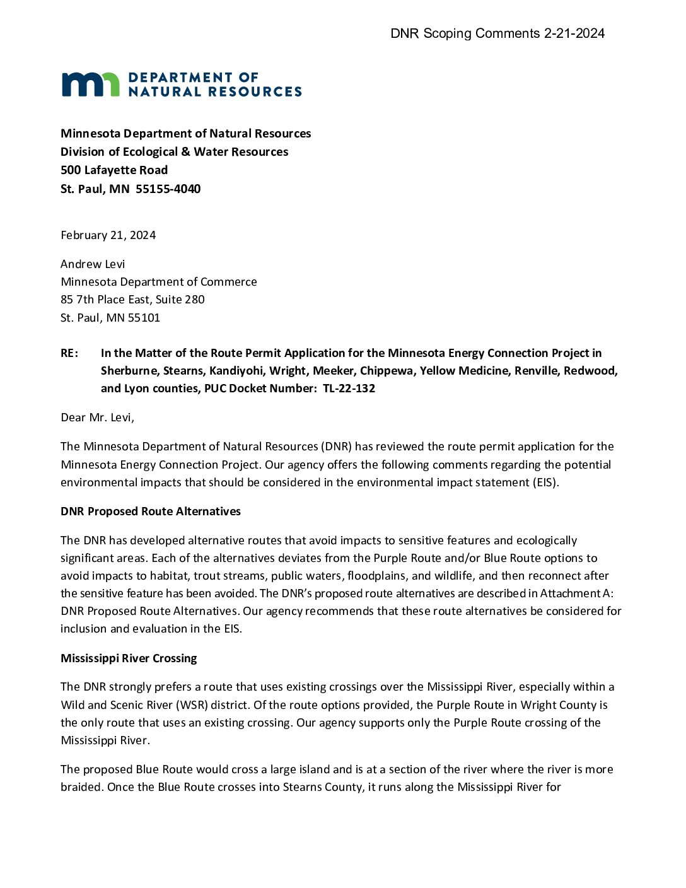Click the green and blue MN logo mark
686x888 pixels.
(x=90, y=85)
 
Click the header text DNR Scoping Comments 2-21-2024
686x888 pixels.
(x=497, y=33)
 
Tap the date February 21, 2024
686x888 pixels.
(x=108, y=235)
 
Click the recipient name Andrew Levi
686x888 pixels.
(x=93, y=264)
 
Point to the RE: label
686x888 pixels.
(x=69, y=353)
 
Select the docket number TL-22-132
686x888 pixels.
(x=349, y=389)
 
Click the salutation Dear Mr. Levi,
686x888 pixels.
(x=97, y=418)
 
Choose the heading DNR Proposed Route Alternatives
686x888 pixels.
(x=151, y=511)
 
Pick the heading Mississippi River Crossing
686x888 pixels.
(x=129, y=658)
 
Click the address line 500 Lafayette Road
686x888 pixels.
(x=114, y=170)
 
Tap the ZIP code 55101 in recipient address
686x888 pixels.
(x=144, y=318)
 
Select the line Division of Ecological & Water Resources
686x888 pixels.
(x=174, y=152)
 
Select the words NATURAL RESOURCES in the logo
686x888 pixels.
(x=215, y=92)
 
